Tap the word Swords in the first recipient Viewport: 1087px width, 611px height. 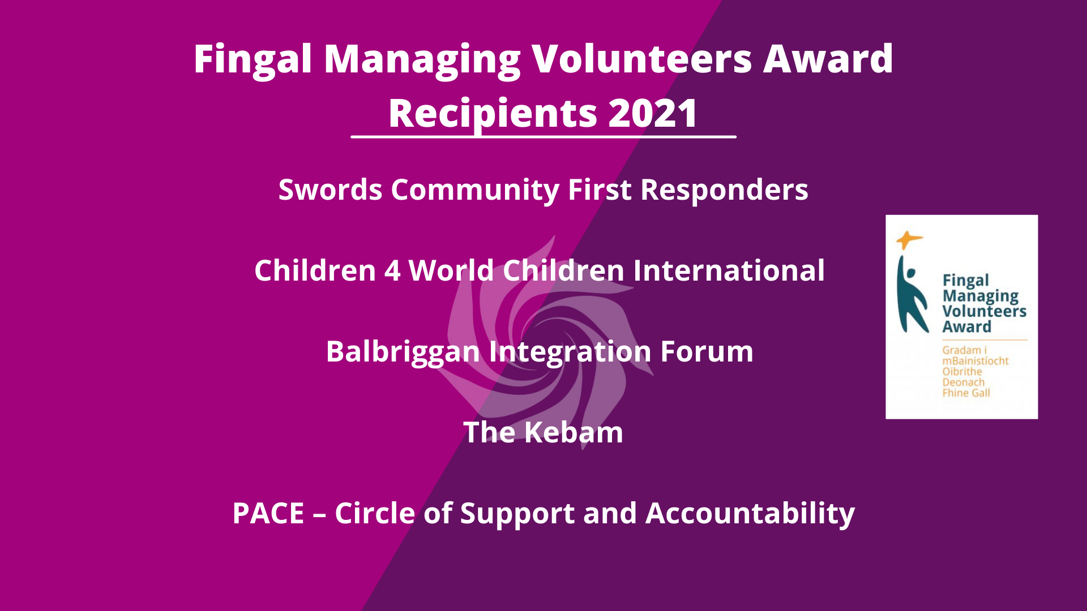click(x=330, y=190)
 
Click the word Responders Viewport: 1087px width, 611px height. click(x=724, y=190)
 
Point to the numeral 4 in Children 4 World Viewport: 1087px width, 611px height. click(x=393, y=270)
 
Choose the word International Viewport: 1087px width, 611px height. click(x=729, y=270)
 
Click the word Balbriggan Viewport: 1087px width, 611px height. click(x=403, y=352)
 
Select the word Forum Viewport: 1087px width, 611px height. click(x=707, y=351)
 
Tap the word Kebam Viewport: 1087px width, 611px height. click(x=574, y=432)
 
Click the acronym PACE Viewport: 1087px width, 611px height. click(x=268, y=514)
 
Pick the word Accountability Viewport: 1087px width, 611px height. click(x=750, y=514)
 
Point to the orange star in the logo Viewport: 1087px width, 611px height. click(x=909, y=240)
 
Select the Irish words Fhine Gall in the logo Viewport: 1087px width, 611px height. click(x=966, y=393)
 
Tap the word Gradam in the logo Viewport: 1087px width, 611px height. click(x=961, y=350)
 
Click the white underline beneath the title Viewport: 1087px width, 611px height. click(x=543, y=136)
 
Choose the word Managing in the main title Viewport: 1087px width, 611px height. click(x=422, y=60)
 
